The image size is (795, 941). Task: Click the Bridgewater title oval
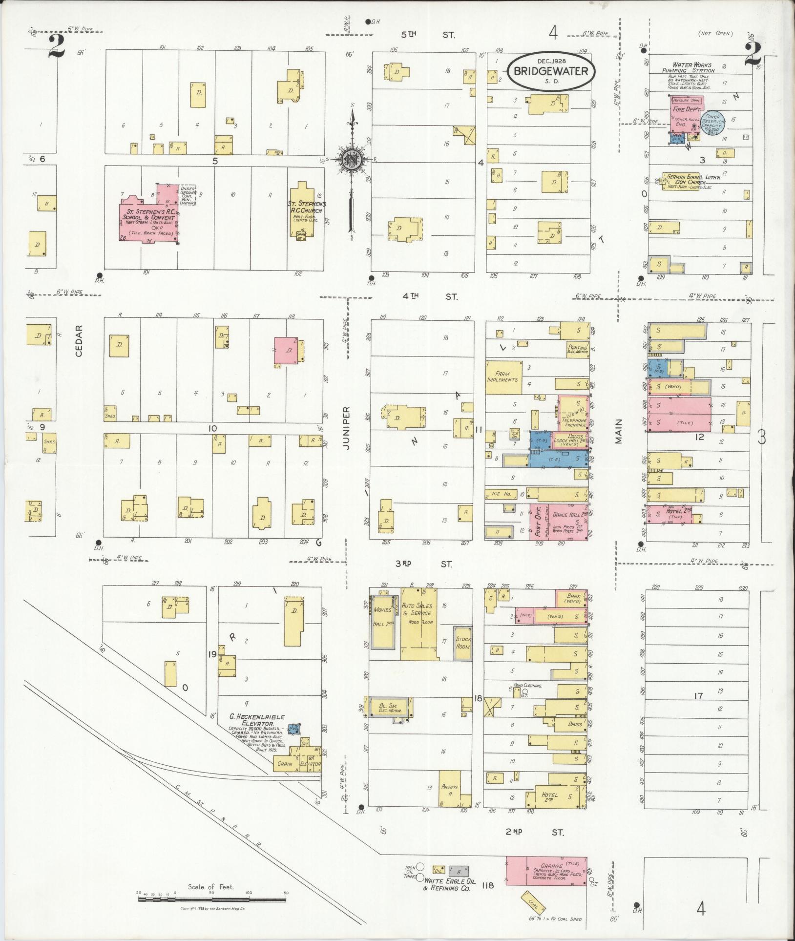(550, 72)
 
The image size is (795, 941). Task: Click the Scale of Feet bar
(211, 896)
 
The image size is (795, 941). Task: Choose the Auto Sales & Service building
(418, 623)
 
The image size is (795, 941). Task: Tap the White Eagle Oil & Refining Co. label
(450, 885)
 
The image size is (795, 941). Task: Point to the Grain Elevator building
(297, 764)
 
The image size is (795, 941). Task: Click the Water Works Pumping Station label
(691, 67)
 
